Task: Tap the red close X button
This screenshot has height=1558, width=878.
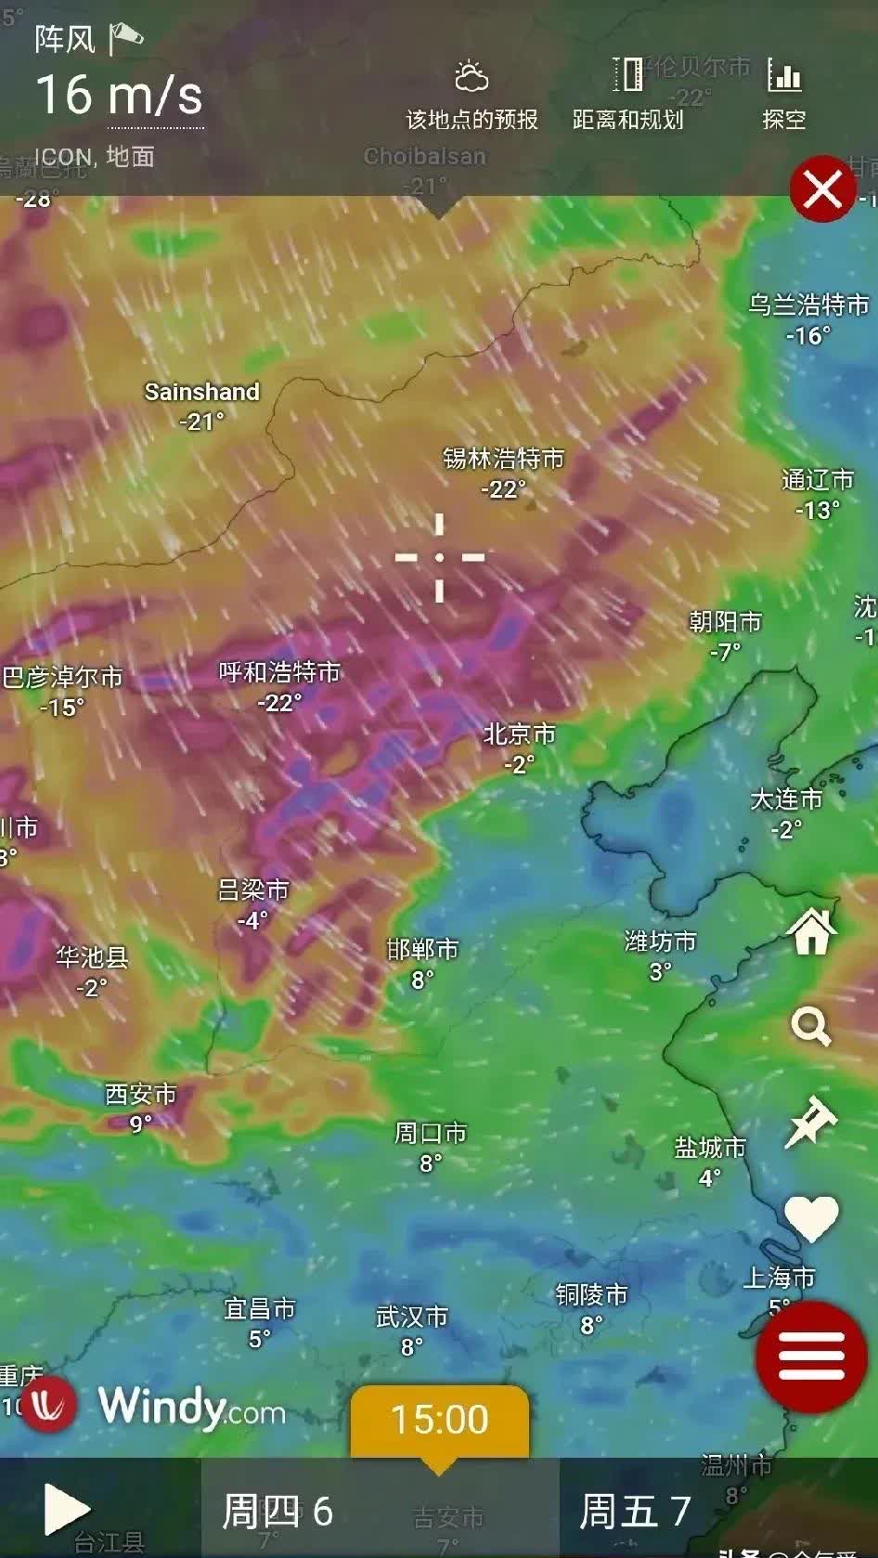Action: click(x=822, y=189)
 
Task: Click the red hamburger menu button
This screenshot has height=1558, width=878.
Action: click(x=811, y=1357)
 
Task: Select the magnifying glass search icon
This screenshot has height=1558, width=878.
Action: click(x=810, y=1027)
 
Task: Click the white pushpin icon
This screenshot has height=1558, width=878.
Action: click(x=811, y=1122)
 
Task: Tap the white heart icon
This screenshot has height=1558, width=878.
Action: click(x=811, y=1217)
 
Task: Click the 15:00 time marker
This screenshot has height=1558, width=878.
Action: click(x=439, y=1420)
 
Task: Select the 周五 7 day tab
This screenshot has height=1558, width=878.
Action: click(x=635, y=1511)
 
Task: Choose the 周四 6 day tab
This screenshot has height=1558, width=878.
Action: click(x=278, y=1511)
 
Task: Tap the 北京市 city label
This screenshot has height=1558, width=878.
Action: click(x=519, y=734)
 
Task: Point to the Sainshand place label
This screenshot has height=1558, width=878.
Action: click(x=201, y=392)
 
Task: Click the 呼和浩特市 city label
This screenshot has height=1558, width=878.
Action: click(x=279, y=672)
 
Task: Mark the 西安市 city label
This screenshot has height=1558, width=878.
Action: click(x=140, y=1095)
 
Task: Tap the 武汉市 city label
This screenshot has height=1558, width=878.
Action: click(x=412, y=1317)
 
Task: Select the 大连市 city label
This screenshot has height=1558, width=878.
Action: click(x=786, y=799)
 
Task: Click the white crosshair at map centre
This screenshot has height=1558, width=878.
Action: click(x=440, y=557)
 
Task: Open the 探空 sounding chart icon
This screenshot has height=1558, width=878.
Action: click(x=784, y=93)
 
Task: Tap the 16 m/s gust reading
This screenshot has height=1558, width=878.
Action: click(x=119, y=96)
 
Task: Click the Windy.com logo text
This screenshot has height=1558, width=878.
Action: click(x=191, y=1407)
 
